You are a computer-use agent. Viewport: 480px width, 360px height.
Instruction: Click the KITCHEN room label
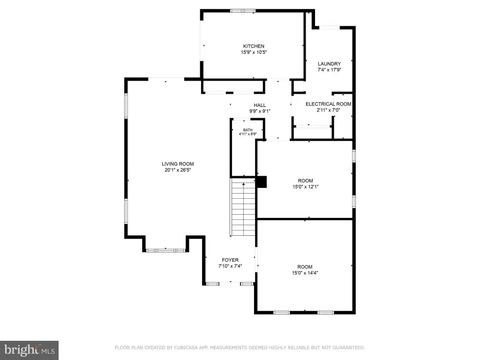(254, 46)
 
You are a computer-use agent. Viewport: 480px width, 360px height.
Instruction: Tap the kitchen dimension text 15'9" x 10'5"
(254, 52)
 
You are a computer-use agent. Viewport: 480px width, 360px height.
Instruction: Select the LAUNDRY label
(329, 64)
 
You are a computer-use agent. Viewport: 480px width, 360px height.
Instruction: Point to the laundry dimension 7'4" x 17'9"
(329, 70)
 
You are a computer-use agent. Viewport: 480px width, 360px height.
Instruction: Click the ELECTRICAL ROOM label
(328, 104)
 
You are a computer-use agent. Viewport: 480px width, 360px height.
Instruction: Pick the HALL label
(260, 105)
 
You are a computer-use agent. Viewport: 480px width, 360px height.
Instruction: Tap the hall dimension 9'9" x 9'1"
(260, 112)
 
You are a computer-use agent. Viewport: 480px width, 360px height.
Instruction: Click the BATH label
(247, 130)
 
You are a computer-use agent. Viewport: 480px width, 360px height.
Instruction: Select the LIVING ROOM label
(178, 164)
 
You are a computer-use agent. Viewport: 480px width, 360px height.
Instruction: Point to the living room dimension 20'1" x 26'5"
(178, 170)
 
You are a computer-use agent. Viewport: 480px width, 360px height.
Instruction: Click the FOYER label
(230, 260)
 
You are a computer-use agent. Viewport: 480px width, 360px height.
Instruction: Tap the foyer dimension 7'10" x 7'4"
(230, 266)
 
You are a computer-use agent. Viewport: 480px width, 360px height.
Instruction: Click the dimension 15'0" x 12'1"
(305, 187)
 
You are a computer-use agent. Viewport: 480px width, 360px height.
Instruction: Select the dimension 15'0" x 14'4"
(305, 273)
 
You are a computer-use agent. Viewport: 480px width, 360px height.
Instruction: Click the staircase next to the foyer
(243, 207)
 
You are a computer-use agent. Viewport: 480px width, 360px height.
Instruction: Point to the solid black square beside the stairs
(262, 182)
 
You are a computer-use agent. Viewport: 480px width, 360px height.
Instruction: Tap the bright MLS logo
(29, 350)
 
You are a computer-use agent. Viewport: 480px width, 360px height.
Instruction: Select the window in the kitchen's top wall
(243, 11)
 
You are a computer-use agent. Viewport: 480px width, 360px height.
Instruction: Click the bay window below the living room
(165, 250)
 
